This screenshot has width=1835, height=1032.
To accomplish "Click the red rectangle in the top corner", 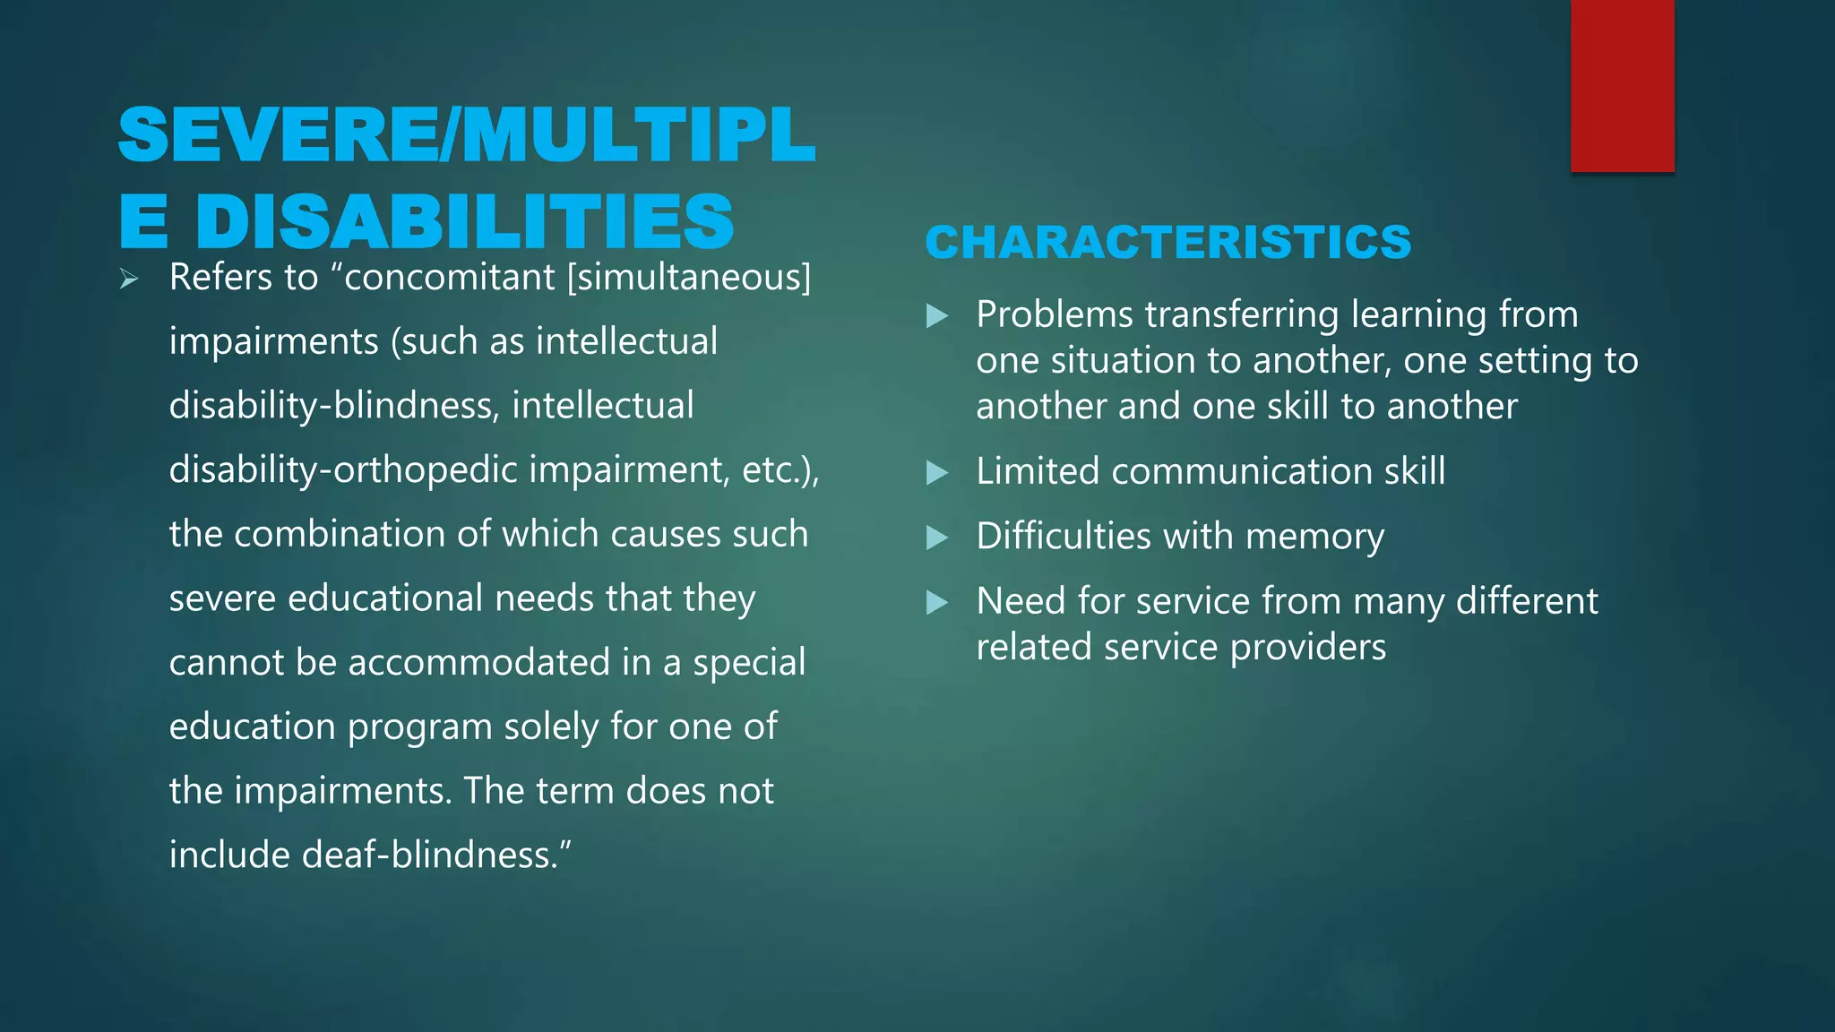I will pyautogui.click(x=1622, y=85).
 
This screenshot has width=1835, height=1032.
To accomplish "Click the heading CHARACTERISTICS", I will pyautogui.click(x=1167, y=243).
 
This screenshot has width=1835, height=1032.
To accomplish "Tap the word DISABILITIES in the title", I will pyautogui.click(x=464, y=221).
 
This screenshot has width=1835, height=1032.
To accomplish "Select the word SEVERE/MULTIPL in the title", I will pyautogui.click(x=466, y=135).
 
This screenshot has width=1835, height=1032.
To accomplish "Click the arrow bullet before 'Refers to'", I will pyautogui.click(x=129, y=279).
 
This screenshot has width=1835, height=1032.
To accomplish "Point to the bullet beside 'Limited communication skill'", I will pyautogui.click(x=936, y=473).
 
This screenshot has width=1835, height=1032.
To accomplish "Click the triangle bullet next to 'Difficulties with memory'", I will pyautogui.click(x=936, y=537).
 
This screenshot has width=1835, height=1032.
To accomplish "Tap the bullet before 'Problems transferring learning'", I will pyautogui.click(x=936, y=315).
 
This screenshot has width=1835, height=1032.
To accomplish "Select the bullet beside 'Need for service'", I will pyautogui.click(x=936, y=602).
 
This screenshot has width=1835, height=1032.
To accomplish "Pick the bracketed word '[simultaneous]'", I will pyautogui.click(x=689, y=278).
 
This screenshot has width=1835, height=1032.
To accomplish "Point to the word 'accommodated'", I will pyautogui.click(x=478, y=663).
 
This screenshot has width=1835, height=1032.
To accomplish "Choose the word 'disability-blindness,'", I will pyautogui.click(x=334, y=406).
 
